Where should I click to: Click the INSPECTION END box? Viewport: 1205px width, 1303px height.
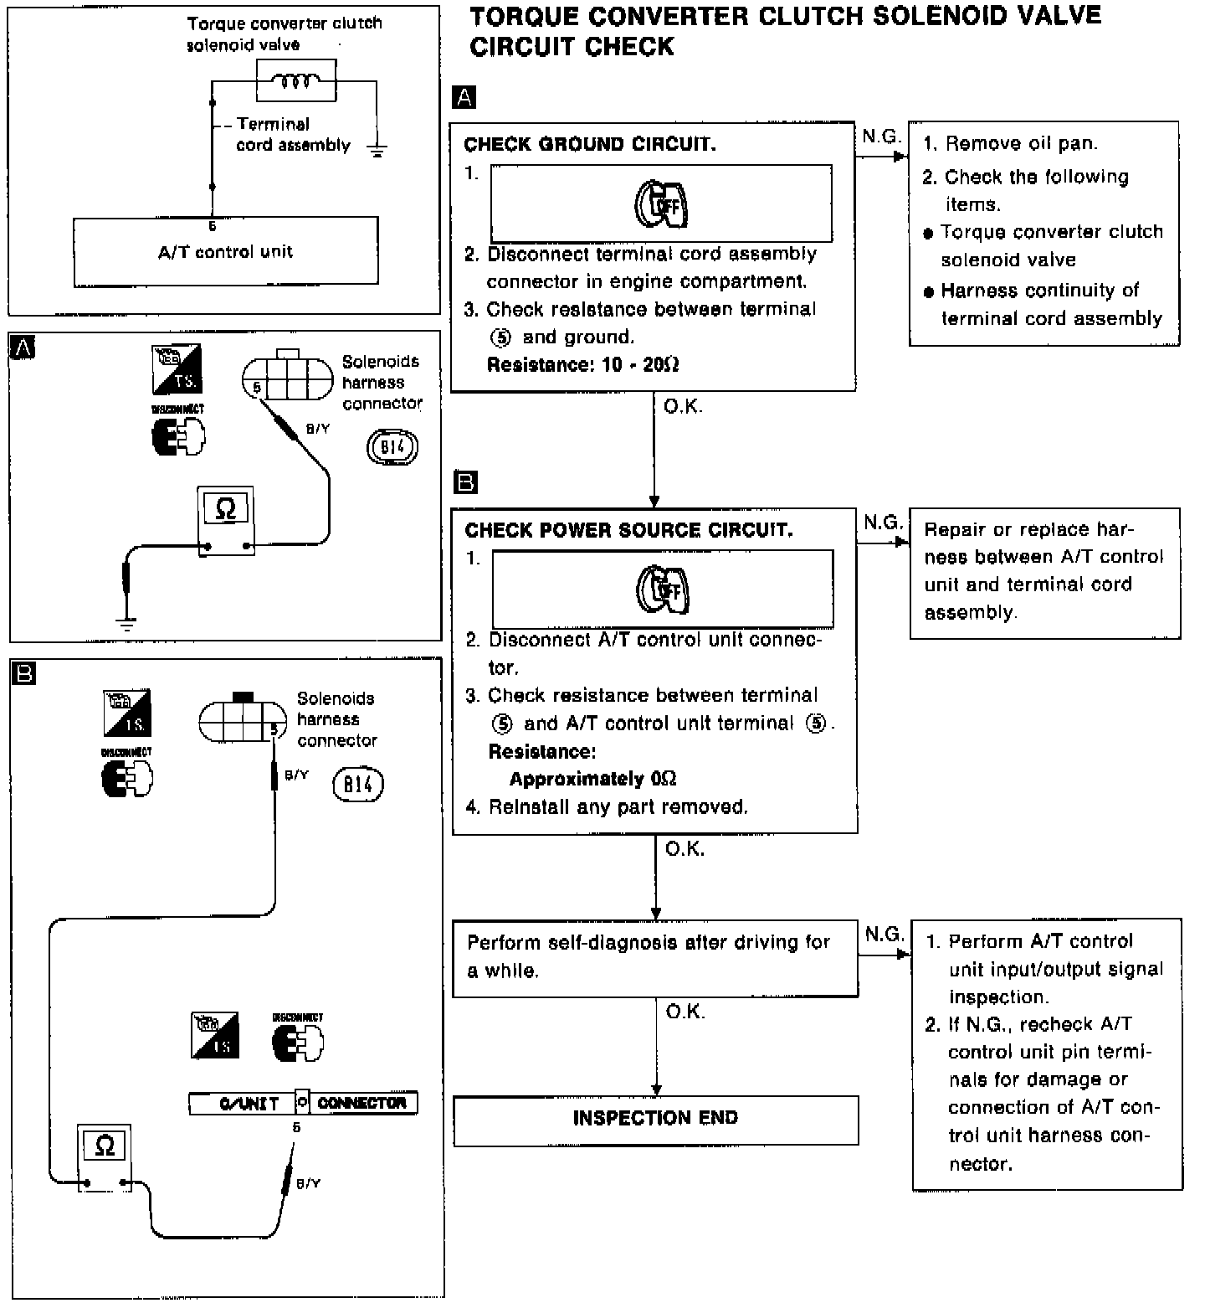point(655,1119)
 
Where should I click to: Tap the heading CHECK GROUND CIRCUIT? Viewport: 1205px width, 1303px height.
point(589,144)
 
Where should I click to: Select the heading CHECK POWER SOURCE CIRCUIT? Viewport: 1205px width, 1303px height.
point(628,530)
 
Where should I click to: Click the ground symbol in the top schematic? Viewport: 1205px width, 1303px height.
point(377,152)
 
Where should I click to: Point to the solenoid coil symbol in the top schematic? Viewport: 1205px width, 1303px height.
point(295,81)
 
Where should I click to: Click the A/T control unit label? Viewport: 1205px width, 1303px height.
point(225,251)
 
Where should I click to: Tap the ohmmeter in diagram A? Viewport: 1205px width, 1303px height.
point(226,520)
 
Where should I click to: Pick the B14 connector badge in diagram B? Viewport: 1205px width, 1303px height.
point(358,785)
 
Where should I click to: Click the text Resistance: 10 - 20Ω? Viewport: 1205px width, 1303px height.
point(582,365)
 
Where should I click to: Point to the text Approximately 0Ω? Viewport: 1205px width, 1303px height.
point(592,779)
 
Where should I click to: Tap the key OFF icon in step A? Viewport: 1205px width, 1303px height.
point(661,203)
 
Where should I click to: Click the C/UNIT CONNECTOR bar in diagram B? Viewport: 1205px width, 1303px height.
point(303,1103)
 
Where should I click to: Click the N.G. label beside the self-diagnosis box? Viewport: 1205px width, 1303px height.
point(884,934)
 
